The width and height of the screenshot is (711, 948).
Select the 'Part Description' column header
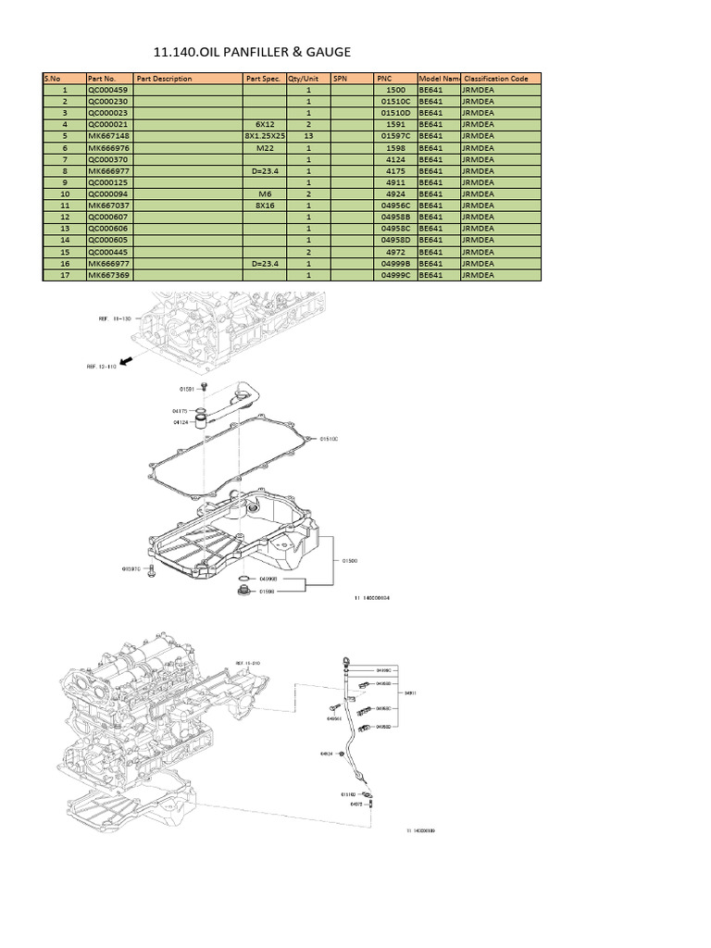165,79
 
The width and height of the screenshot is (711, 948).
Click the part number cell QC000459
107,91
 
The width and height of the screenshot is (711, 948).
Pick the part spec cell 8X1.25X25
265,136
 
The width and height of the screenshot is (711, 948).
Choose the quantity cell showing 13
307,136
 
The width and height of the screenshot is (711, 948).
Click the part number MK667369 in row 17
107,275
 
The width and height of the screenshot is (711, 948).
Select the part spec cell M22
265,148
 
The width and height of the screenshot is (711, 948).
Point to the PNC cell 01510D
395,113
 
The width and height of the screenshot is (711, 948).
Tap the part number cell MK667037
107,206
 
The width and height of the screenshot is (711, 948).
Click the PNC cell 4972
395,252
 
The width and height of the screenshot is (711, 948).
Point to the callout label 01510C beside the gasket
330,439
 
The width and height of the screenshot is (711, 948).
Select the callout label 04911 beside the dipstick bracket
410,692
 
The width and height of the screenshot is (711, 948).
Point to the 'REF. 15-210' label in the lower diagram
248,664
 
